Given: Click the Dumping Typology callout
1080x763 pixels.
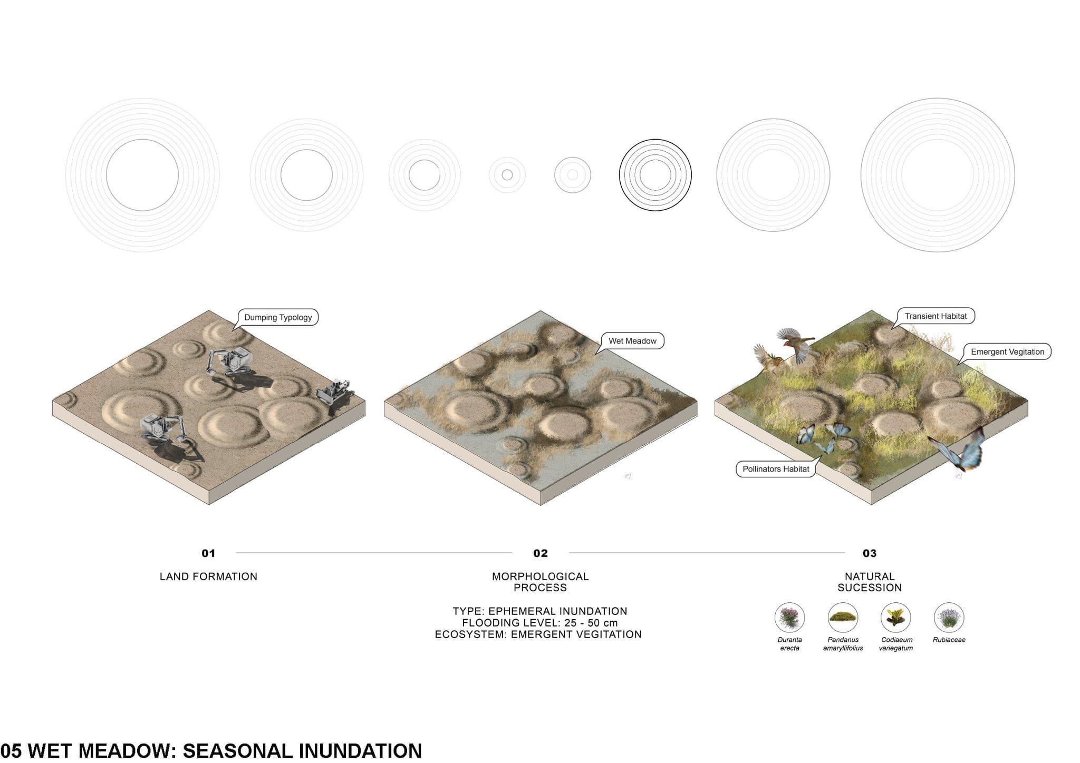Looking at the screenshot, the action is (x=278, y=317).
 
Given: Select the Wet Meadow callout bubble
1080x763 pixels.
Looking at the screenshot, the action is (x=632, y=341).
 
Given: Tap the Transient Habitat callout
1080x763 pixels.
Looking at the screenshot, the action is (x=936, y=316).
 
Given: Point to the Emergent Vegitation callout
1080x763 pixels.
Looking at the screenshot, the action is (x=1007, y=351).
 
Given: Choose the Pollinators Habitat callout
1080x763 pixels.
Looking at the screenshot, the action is (x=775, y=469).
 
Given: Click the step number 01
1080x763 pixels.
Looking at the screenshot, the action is (x=208, y=553).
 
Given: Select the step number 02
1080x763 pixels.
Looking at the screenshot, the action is (x=541, y=553).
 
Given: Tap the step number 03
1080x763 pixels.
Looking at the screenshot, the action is (x=870, y=553).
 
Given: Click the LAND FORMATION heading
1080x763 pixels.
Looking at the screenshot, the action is (x=208, y=576).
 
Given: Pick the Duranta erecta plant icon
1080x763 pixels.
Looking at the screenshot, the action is (x=789, y=618).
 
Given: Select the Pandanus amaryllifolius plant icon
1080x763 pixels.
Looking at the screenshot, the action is (x=843, y=618).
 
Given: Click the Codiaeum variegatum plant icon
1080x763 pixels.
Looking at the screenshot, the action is (x=896, y=618).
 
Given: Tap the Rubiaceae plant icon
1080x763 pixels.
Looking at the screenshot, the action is (x=949, y=618).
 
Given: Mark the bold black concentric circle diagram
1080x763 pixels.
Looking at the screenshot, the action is (x=655, y=175).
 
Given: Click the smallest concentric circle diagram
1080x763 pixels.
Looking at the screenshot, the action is (x=507, y=175).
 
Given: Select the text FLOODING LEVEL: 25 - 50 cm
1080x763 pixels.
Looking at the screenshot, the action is (x=539, y=623).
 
